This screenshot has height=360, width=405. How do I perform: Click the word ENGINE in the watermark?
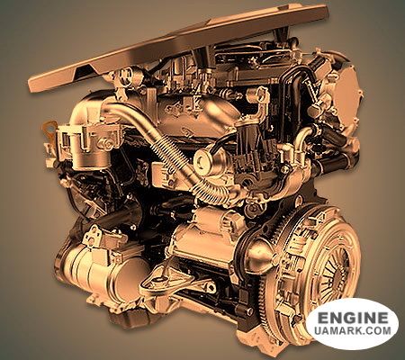point(353,317)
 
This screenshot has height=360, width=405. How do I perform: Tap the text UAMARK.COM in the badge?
point(353,330)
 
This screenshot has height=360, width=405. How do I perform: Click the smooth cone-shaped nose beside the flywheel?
point(260,254)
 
